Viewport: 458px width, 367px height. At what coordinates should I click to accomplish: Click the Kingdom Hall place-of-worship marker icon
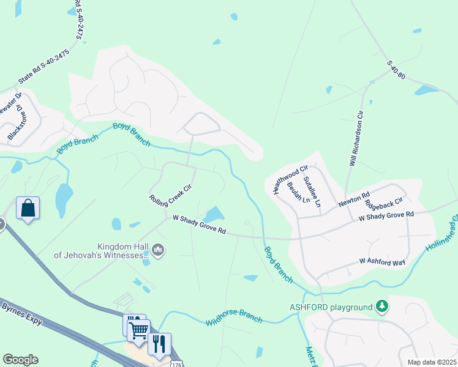(x=159, y=250)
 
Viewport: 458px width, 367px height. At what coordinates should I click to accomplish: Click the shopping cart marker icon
(x=139, y=330)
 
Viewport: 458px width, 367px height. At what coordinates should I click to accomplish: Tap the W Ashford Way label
(x=382, y=261)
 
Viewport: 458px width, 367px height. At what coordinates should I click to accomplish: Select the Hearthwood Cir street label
(x=290, y=179)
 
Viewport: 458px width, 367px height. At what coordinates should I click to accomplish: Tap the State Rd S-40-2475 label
(x=44, y=67)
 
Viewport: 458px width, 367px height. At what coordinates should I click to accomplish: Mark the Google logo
(x=20, y=360)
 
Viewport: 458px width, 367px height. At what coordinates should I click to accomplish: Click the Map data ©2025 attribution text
(x=430, y=362)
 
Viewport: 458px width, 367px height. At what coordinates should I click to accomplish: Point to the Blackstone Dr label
(x=15, y=122)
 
